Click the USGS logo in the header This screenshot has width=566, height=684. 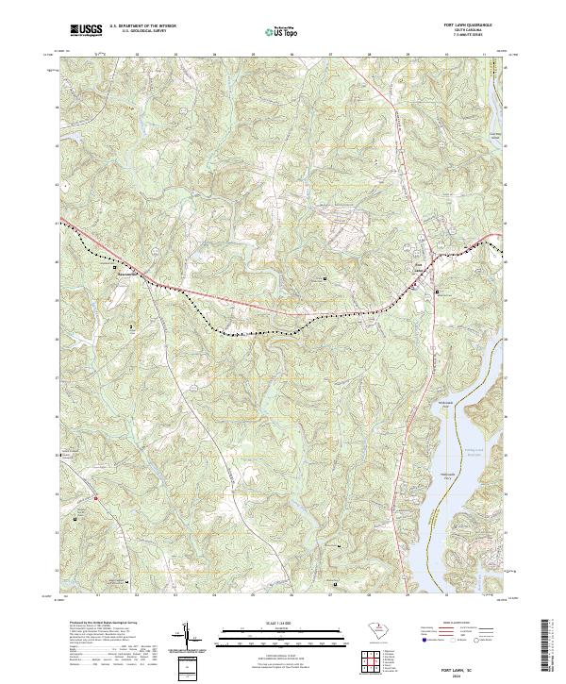coord(86,30)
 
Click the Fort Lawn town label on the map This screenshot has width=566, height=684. coord(423,265)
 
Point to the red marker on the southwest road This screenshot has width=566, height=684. coord(95,496)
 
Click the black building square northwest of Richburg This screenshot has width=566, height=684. coord(115,268)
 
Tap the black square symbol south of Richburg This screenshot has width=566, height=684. coord(131,326)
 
